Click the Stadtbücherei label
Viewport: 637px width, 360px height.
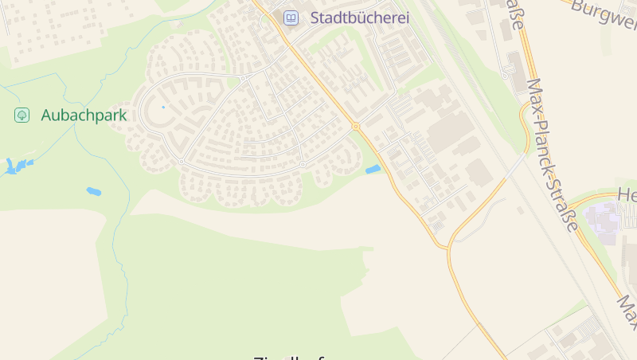pos(359,18)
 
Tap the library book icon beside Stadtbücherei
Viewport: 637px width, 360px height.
pos(291,18)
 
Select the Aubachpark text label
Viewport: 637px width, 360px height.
pos(84,115)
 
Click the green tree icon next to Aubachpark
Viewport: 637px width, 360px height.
pos(22,115)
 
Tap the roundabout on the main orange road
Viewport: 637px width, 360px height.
pos(355,126)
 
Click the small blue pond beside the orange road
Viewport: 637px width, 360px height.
pos(373,169)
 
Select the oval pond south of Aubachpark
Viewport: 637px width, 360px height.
pos(93,191)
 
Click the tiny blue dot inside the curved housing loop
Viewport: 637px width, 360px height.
pos(163,107)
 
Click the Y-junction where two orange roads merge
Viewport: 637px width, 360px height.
pos(447,245)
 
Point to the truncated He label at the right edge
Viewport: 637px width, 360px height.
pos(627,195)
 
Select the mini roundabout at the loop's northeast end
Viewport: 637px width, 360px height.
pos(244,79)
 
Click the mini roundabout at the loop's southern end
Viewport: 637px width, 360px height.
pos(182,162)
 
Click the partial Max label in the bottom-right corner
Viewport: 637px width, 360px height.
pos(627,311)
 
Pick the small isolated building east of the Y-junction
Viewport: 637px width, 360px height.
pos(520,210)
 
